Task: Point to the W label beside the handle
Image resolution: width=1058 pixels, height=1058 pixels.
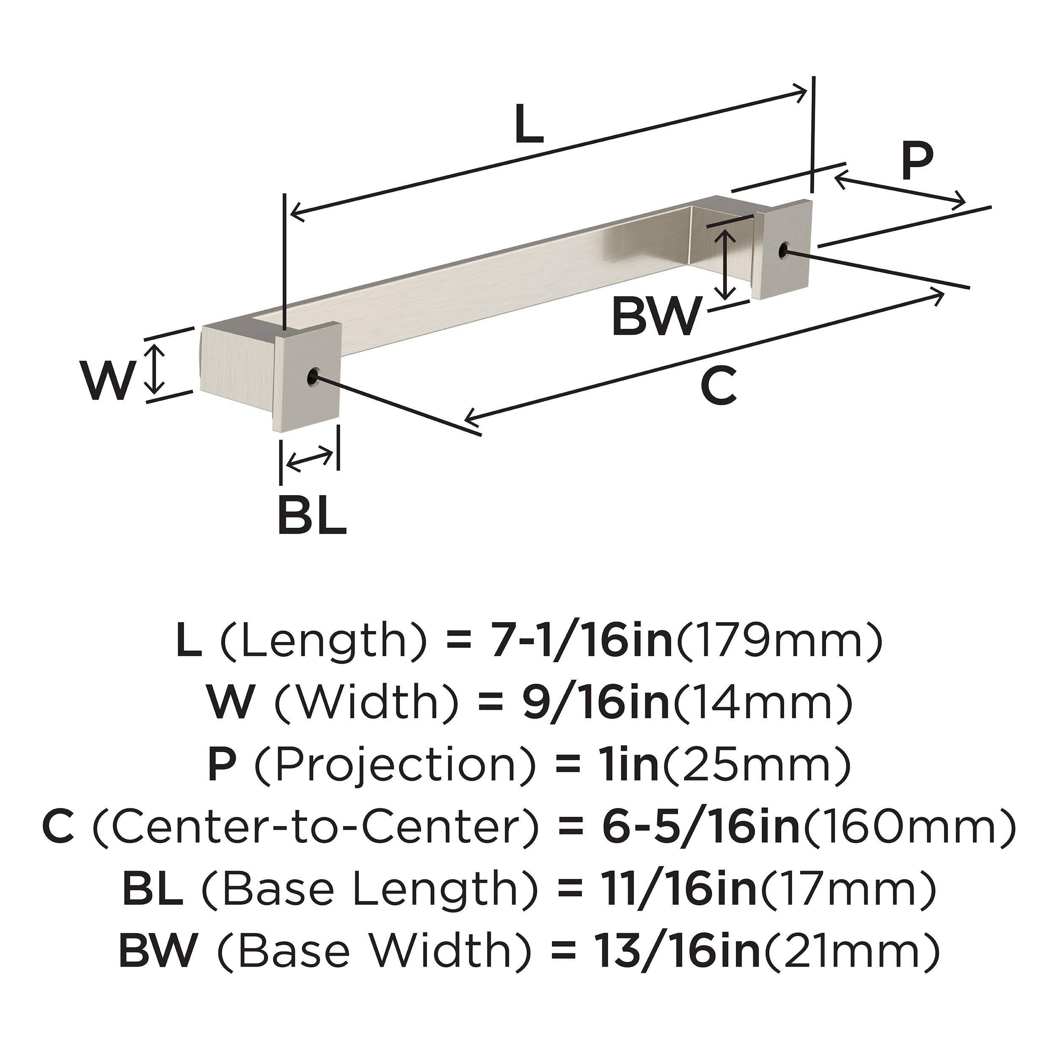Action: [108, 380]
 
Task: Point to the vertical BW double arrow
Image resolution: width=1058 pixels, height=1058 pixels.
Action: [726, 264]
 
